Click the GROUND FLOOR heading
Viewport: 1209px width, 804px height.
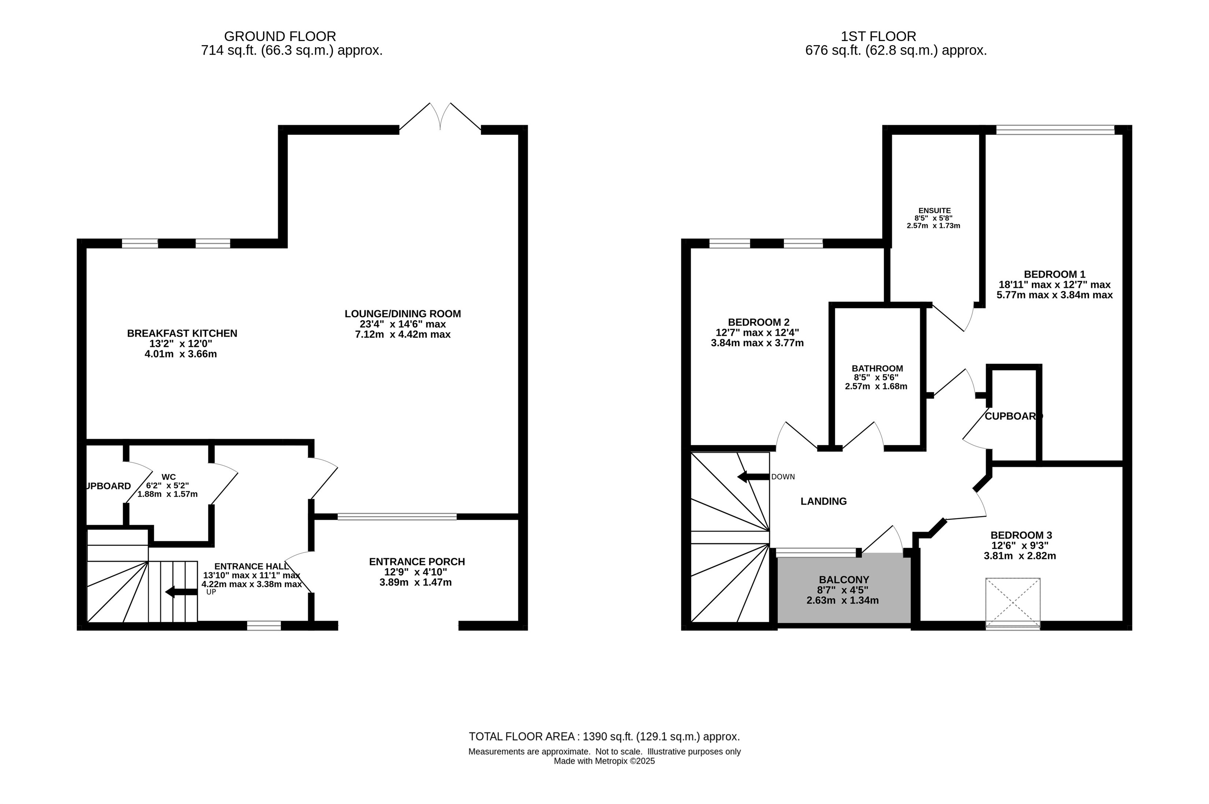coord(280,36)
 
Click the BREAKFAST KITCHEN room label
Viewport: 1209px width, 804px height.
coord(182,333)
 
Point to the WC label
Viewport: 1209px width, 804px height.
coord(169,477)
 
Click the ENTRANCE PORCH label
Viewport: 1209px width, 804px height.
coord(417,561)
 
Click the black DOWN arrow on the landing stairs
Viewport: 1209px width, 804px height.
coord(753,477)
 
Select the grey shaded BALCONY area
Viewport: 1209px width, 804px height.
coord(844,590)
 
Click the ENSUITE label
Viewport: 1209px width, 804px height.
coord(934,210)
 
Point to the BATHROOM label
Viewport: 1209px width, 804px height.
coord(877,368)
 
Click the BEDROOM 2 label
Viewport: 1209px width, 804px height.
coord(758,322)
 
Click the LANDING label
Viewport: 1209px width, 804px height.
coord(823,501)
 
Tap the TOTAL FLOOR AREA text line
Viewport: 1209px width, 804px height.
coord(604,736)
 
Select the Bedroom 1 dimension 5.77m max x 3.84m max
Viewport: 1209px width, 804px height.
coord(1054,295)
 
